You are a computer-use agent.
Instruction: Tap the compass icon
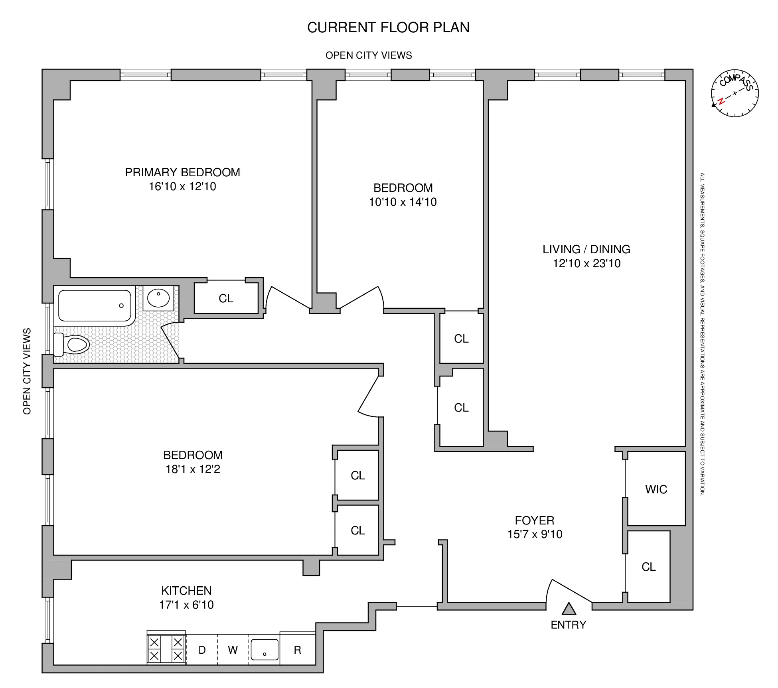point(735,93)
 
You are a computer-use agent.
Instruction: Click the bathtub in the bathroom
point(95,306)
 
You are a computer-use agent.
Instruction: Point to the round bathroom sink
point(158,298)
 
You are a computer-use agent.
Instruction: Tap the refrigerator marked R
point(297,650)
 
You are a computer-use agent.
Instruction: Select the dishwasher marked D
point(202,650)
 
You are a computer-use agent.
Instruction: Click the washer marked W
point(233,650)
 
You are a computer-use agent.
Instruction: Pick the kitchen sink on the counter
point(264,650)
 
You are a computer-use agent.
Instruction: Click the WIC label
point(656,489)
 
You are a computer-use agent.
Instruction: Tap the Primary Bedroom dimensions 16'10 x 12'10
point(182,187)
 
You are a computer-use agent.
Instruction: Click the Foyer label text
point(534,520)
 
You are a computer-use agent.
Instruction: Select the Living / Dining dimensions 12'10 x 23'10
point(586,264)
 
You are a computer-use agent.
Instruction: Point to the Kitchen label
point(186,591)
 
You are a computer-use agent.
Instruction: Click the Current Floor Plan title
point(388,28)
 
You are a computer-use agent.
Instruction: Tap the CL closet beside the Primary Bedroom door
point(226,298)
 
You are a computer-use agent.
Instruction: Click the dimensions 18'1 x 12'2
point(193,469)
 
